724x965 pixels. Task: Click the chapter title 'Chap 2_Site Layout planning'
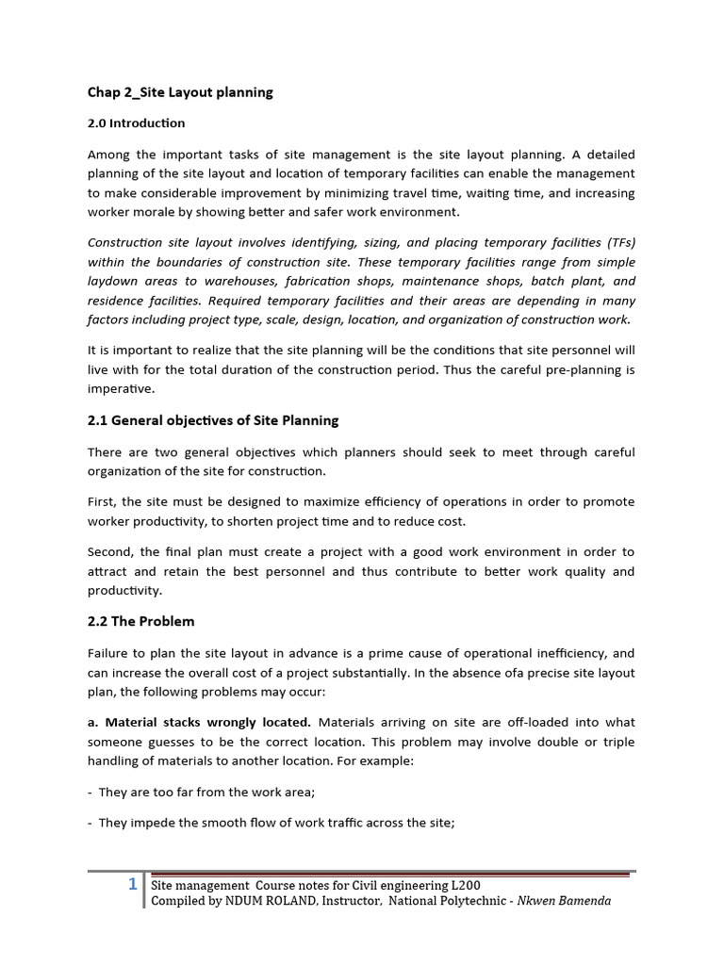pos(180,92)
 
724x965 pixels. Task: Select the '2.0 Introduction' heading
pos(136,123)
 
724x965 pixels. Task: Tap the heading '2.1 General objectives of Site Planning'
pos(213,420)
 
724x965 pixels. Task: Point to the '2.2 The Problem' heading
pos(140,622)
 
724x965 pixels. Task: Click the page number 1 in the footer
pos(133,884)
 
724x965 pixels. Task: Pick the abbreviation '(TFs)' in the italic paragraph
pos(616,242)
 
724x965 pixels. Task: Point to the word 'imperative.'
pos(119,388)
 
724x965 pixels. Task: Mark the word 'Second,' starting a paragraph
pos(111,552)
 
